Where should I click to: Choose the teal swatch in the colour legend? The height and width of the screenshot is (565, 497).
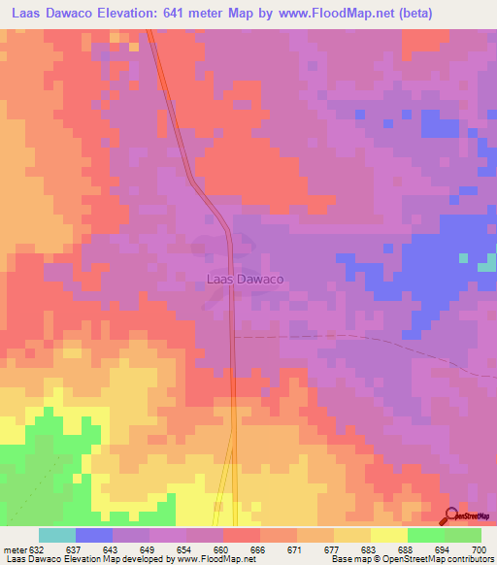[57, 535]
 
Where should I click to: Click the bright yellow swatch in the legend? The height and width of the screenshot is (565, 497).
[389, 535]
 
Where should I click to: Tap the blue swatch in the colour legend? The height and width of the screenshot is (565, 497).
[94, 535]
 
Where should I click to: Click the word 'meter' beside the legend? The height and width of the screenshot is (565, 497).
[14, 550]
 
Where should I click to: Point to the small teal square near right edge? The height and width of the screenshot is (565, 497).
[464, 258]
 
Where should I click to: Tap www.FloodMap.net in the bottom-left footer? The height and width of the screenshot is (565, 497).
[212, 560]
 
